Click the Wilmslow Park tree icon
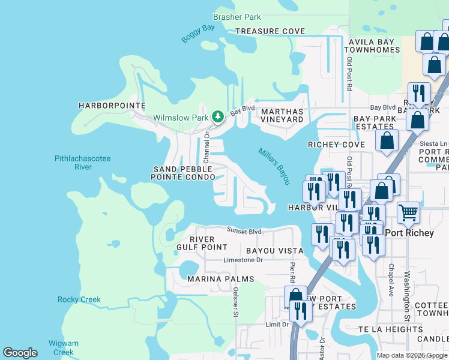(218, 116)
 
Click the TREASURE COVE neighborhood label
(270, 31)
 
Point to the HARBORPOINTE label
(112, 106)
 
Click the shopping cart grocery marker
(408, 212)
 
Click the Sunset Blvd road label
(244, 231)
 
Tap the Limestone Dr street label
(243, 260)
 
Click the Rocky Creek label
(79, 299)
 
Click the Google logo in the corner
(20, 353)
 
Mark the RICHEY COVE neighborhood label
(336, 145)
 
